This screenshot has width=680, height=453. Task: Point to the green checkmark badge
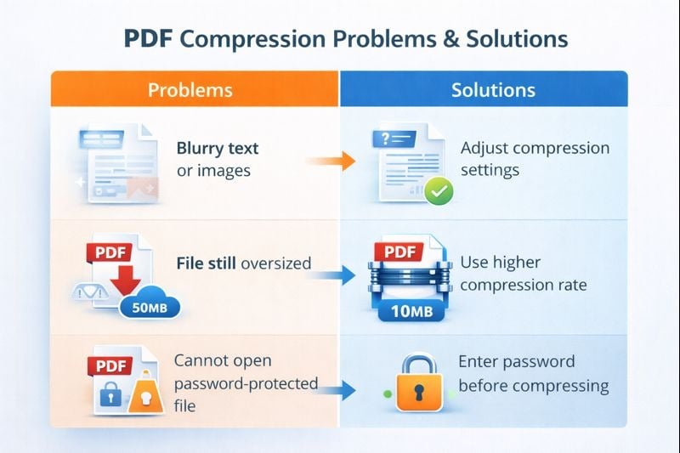(x=439, y=190)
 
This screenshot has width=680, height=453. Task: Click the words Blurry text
(x=217, y=148)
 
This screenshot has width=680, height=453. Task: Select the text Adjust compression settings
(x=535, y=159)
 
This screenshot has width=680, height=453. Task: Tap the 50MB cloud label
(x=151, y=307)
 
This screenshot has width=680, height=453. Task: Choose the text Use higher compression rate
(x=523, y=274)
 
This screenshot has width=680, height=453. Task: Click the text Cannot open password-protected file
(x=245, y=382)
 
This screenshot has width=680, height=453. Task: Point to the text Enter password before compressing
(x=533, y=374)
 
